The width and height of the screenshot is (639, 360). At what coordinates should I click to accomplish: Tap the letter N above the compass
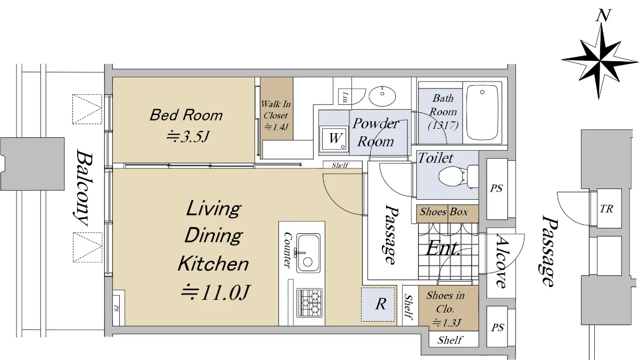coord(603,15)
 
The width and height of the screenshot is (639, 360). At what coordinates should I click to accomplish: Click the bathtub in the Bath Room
coord(482,113)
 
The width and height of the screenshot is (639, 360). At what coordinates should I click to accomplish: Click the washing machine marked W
coord(334,139)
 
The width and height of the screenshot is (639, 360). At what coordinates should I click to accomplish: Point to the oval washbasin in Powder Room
coord(382,95)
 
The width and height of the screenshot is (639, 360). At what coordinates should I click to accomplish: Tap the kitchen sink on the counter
coord(308,253)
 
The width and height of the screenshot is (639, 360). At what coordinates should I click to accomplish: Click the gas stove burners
coord(309,302)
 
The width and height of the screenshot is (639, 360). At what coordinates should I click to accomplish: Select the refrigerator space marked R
coord(379,305)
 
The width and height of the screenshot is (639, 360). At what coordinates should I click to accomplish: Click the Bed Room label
coord(186,115)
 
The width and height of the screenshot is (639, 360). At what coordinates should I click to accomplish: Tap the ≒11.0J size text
coord(216,292)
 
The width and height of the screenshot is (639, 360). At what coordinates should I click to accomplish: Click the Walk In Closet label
coord(276,110)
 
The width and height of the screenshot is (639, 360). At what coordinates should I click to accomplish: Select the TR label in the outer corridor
coord(607,209)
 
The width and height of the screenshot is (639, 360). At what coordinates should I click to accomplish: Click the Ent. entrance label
coord(443,248)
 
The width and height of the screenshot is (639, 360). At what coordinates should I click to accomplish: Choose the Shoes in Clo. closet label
coord(445,302)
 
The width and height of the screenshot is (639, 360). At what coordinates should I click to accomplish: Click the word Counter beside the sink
coord(288,250)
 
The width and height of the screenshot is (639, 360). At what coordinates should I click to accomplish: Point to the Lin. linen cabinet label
coord(346,97)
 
